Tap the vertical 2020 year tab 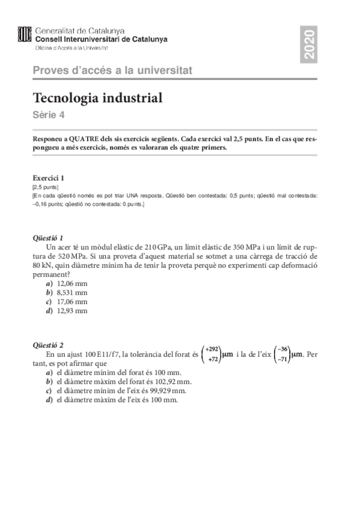pos(310,44)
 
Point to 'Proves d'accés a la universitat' pos(112,70)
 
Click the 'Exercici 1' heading pos(49,178)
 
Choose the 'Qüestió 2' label pos(49,345)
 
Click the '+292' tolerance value pos(212,349)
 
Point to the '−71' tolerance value pos(283,359)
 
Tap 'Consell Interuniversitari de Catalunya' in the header pos(102,39)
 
